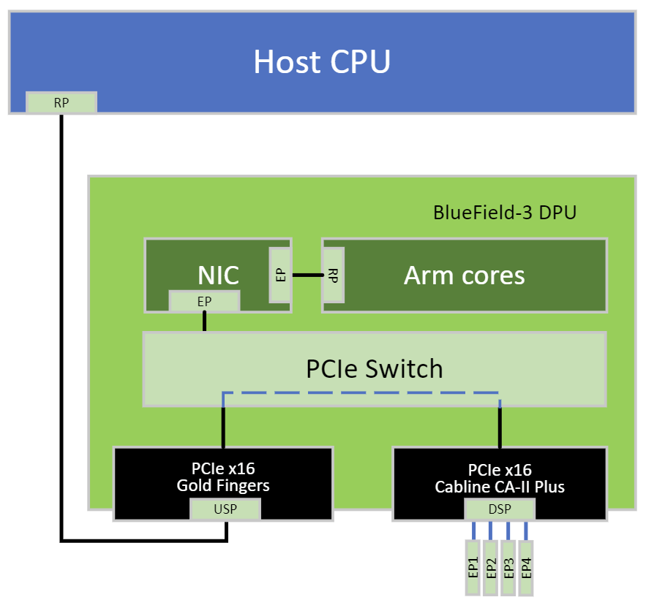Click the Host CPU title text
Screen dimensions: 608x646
tap(322, 61)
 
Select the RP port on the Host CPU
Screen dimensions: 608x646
tap(61, 103)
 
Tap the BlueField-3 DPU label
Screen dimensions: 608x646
tap(505, 213)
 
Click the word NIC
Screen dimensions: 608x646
tap(218, 275)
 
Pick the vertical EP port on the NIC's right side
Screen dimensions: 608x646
tap(280, 275)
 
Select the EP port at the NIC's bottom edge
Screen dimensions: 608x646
tap(204, 300)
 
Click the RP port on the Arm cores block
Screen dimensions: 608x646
tap(334, 275)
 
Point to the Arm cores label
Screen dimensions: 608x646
tap(464, 275)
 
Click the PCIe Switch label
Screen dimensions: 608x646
tap(374, 368)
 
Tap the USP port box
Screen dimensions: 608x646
tap(225, 509)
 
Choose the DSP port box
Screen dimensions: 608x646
tap(500, 509)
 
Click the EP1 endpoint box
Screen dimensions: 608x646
tap(473, 567)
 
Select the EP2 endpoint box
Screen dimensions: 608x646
tap(491, 567)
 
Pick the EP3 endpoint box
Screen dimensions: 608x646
tap(508, 567)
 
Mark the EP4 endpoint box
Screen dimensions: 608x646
tap(526, 567)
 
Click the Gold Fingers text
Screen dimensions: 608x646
tap(223, 485)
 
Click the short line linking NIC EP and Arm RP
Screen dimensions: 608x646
tap(307, 275)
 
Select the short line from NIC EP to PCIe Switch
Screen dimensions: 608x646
tap(204, 322)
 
